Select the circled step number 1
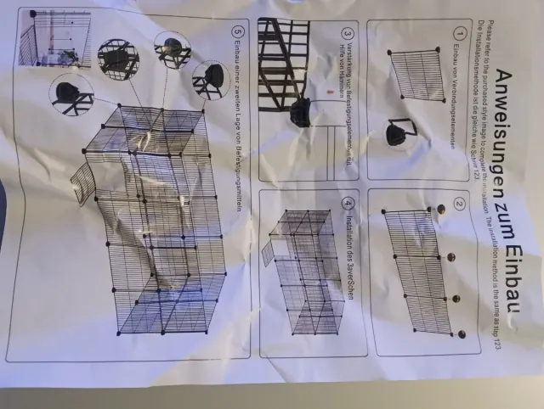(460, 32)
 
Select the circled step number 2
(460, 204)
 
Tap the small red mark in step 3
(327, 88)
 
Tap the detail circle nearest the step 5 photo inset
(118, 58)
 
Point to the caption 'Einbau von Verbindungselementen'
(460, 93)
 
